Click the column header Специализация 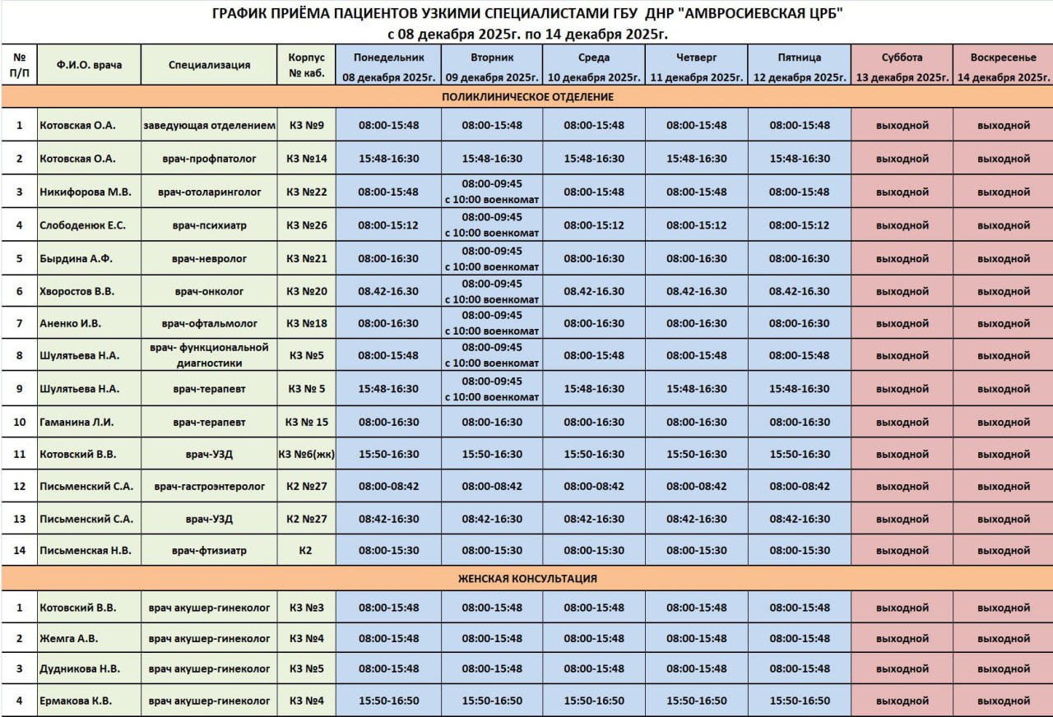(209, 65)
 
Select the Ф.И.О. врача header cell (89, 65)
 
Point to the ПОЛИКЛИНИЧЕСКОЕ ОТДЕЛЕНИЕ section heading (527, 97)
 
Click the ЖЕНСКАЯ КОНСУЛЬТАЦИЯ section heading (527, 579)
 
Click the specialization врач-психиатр (209, 225)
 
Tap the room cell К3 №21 (307, 258)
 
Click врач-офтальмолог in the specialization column (209, 324)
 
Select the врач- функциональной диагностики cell (209, 355)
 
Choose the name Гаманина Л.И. (77, 422)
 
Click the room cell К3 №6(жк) (306, 454)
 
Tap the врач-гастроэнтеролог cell (209, 487)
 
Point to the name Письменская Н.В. (86, 550)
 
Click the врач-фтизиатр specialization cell (209, 550)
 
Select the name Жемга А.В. (68, 638)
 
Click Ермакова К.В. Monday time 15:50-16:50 (388, 701)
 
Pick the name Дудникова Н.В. (78, 669)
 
